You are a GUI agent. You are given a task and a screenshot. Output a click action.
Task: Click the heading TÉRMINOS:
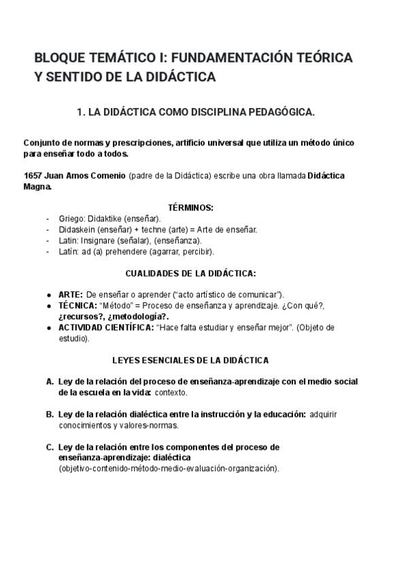pyautogui.click(x=190, y=207)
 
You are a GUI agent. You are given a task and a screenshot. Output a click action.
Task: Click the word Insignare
pyautogui.click(x=99, y=240)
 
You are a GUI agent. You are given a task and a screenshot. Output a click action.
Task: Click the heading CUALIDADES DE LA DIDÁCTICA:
pyautogui.click(x=190, y=273)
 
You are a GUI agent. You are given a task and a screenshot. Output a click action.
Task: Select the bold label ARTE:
pyautogui.click(x=71, y=295)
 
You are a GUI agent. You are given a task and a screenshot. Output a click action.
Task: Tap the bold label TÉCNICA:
pyautogui.click(x=78, y=306)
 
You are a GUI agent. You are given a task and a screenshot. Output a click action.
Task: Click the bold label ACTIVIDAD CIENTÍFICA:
pyautogui.click(x=106, y=327)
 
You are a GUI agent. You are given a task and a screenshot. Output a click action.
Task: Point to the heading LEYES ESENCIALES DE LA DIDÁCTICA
pyautogui.click(x=190, y=359)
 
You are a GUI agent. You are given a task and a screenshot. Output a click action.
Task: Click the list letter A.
pyautogui.click(x=50, y=382)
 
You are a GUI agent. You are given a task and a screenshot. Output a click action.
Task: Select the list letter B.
pyautogui.click(x=50, y=414)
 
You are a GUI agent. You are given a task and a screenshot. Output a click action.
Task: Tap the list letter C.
pyautogui.click(x=50, y=447)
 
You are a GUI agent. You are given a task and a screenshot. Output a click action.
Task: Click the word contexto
pyautogui.click(x=171, y=393)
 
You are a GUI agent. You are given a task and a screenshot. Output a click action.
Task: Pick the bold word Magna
pyautogui.click(x=37, y=186)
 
